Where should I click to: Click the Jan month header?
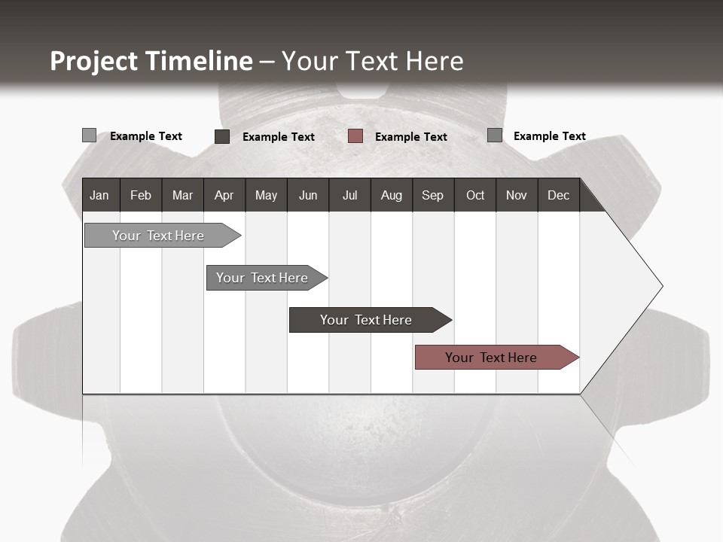99,195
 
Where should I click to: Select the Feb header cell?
141,195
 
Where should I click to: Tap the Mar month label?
182,195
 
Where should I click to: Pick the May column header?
266,195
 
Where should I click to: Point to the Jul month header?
349,195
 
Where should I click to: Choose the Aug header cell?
392,195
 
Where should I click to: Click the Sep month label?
433,195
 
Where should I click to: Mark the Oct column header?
475,195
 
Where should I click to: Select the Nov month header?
517,195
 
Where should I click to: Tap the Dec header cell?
559,195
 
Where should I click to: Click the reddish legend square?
355,136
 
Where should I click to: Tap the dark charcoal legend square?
222,136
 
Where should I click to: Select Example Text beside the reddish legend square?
411,137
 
